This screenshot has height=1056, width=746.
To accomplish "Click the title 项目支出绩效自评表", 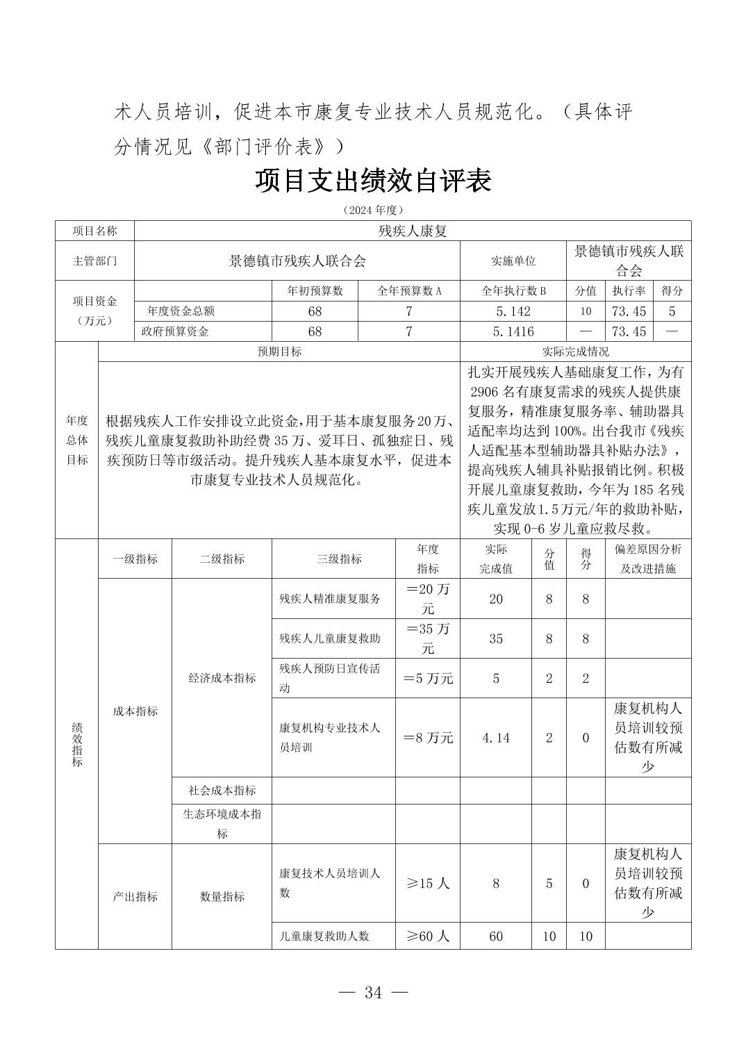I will (x=373, y=181).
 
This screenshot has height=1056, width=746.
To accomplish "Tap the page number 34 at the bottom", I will (x=373, y=992).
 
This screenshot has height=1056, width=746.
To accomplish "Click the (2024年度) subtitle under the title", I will (x=373, y=210).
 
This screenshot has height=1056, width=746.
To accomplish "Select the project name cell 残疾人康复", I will (x=413, y=231).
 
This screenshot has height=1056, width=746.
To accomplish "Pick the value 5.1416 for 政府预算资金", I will (x=513, y=332).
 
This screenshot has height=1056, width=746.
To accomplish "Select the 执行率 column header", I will (x=629, y=291).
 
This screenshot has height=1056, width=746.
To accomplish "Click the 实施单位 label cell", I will (x=513, y=261).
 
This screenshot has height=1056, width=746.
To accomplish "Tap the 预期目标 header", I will (x=279, y=352).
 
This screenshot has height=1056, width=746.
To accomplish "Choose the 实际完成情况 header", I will (x=575, y=352).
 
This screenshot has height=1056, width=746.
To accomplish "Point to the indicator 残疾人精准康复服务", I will (x=330, y=599).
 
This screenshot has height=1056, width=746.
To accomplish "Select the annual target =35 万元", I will (x=428, y=638).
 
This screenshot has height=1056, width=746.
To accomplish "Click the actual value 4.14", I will (x=496, y=738).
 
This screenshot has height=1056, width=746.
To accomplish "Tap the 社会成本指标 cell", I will (x=222, y=791).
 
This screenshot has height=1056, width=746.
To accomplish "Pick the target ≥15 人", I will (x=428, y=884).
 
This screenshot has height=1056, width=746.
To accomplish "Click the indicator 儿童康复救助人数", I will (x=324, y=937).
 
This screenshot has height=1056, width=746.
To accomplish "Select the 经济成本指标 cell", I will (x=222, y=678).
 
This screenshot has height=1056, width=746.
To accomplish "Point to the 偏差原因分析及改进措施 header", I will (x=648, y=559).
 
